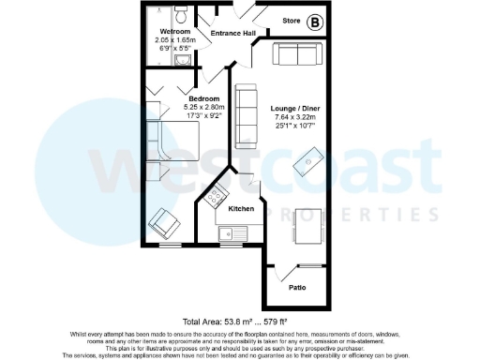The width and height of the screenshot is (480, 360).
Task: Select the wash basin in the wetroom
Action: [182, 60]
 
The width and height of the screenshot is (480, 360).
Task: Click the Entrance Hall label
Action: [233, 34]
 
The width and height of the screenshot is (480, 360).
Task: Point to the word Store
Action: [292, 21]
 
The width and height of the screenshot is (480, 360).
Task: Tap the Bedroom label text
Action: [203, 98]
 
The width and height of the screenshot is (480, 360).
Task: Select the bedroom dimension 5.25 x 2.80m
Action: [203, 107]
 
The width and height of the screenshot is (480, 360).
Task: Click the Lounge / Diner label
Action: [292, 108]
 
